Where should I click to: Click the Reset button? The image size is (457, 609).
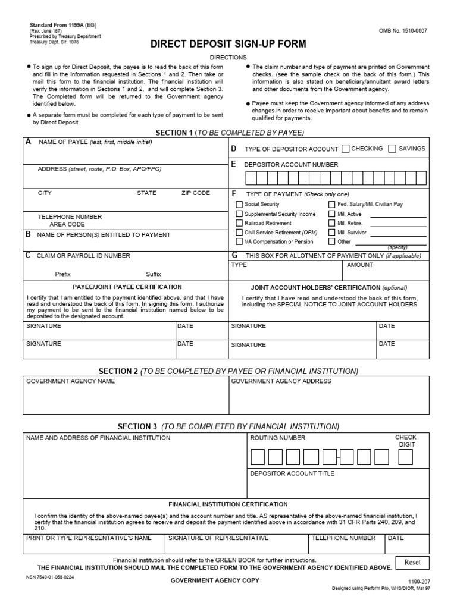[412, 562]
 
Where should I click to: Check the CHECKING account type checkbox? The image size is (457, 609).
[346, 149]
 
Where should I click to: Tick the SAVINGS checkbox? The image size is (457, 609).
[392, 149]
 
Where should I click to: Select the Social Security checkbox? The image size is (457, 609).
[239, 205]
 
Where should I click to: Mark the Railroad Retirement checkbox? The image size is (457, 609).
[239, 224]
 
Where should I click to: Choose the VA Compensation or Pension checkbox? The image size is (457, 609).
[239, 242]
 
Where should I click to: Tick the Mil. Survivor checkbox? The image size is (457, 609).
[331, 233]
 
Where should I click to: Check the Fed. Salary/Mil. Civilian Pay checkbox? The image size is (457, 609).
[331, 205]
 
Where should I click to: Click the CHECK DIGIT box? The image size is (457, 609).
[405, 457]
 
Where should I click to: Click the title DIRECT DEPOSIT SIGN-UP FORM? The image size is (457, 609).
[228, 44]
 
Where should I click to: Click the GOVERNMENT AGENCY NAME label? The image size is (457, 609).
[71, 381]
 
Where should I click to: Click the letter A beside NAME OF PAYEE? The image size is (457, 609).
[28, 142]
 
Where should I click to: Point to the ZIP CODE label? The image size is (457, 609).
[196, 193]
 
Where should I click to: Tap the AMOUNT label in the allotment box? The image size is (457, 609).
[360, 265]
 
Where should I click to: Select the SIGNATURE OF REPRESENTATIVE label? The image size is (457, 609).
[218, 538]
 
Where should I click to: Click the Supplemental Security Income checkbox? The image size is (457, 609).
[239, 214]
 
